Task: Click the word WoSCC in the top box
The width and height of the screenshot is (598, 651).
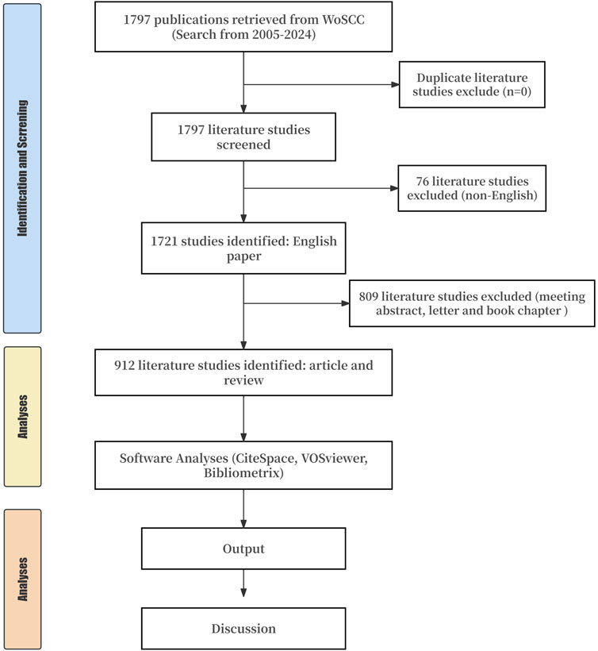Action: [x=343, y=20]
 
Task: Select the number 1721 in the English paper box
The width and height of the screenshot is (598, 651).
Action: [x=164, y=241]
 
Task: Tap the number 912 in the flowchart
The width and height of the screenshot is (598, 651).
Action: [x=124, y=365]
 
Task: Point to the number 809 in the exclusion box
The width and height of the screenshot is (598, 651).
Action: [x=368, y=296]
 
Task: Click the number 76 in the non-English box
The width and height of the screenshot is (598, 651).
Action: [x=422, y=182]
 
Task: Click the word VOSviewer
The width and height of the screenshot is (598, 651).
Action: [x=334, y=458]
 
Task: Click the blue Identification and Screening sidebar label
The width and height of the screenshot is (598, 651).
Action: [x=22, y=168]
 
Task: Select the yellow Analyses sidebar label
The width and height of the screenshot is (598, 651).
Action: [x=22, y=417]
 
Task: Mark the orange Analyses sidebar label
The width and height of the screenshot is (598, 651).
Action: [x=22, y=580]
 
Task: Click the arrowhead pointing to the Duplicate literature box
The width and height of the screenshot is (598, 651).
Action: [x=395, y=85]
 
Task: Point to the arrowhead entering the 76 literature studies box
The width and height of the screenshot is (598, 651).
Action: [x=394, y=188]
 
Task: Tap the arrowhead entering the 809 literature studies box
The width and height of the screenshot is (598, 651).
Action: [x=346, y=303]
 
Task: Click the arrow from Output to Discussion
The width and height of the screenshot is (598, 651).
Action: [x=243, y=584]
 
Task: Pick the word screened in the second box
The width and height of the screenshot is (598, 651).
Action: [x=243, y=145]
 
